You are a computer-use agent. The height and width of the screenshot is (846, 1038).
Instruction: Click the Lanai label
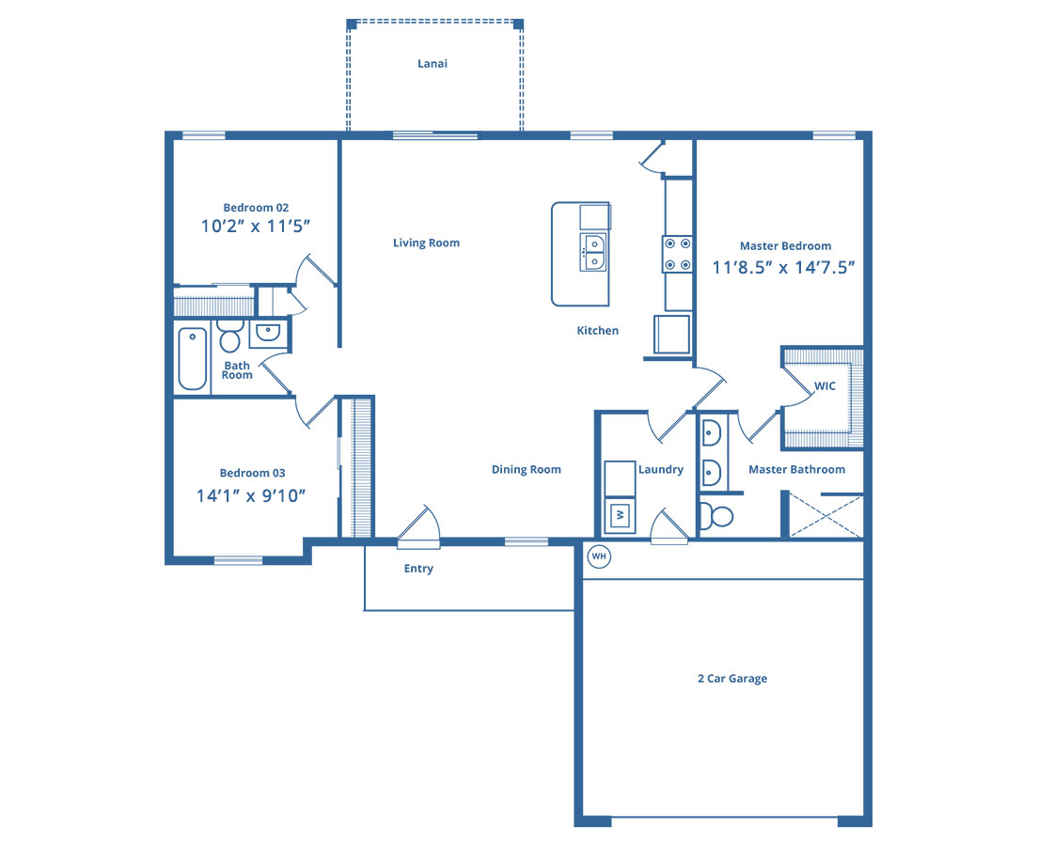click(x=432, y=64)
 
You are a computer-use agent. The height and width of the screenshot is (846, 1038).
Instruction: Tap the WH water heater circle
click(x=599, y=556)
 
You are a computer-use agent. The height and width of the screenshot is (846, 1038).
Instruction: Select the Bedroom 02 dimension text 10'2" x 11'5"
click(x=256, y=227)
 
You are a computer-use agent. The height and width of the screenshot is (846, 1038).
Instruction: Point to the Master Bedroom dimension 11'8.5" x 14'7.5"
click(x=783, y=268)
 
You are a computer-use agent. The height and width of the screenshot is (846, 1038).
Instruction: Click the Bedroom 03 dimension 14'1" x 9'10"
click(x=251, y=495)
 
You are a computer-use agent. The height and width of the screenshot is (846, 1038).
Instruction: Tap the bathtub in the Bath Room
click(x=192, y=358)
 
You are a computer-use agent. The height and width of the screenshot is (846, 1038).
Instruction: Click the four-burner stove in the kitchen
click(x=678, y=254)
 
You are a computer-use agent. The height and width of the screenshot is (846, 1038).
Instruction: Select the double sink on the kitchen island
click(x=593, y=252)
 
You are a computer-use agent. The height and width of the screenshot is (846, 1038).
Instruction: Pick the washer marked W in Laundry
click(x=621, y=514)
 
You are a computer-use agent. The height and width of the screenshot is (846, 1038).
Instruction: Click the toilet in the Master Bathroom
click(x=716, y=516)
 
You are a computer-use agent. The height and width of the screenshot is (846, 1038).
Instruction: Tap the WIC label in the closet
click(x=825, y=386)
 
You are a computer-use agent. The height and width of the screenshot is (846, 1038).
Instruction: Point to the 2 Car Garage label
click(x=732, y=679)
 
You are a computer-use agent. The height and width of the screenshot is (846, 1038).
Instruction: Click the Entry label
click(x=418, y=569)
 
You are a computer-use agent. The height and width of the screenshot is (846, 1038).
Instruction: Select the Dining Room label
click(x=527, y=469)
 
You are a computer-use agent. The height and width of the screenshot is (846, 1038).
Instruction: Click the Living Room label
click(x=426, y=243)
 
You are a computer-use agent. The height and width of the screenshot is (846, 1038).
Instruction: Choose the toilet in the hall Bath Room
click(x=229, y=337)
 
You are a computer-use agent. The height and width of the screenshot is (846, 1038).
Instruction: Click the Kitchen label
click(x=598, y=330)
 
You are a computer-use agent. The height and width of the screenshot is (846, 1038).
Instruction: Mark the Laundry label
click(x=661, y=469)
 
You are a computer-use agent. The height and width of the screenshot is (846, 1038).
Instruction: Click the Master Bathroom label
click(x=797, y=469)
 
